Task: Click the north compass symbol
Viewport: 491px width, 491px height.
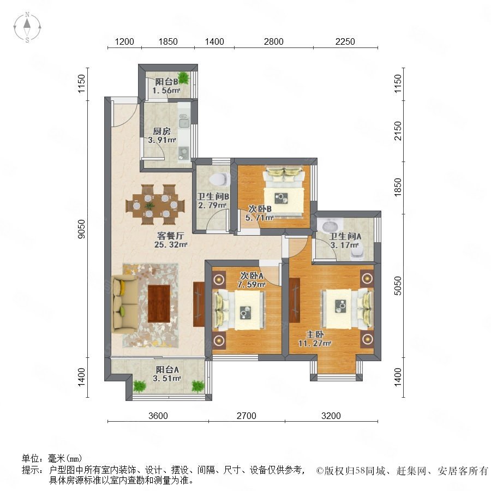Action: click(x=27, y=27)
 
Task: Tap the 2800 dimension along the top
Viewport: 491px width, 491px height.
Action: click(x=273, y=41)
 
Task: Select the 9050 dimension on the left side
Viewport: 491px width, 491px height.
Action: click(x=81, y=229)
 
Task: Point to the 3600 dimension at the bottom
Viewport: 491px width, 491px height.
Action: click(x=158, y=416)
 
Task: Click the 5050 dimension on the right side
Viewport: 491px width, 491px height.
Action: click(x=398, y=285)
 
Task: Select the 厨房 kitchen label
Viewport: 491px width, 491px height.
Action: click(x=161, y=131)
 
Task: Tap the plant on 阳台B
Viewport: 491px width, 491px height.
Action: click(x=183, y=77)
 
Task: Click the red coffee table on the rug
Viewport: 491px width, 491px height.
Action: click(x=159, y=303)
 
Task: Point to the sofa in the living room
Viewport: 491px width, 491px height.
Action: click(x=124, y=304)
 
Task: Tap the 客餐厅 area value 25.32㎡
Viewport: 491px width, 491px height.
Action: click(x=171, y=244)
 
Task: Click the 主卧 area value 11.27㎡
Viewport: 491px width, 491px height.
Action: click(x=314, y=343)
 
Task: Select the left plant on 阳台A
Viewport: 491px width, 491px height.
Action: click(x=139, y=386)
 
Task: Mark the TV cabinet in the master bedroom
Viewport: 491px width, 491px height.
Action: click(x=295, y=300)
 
